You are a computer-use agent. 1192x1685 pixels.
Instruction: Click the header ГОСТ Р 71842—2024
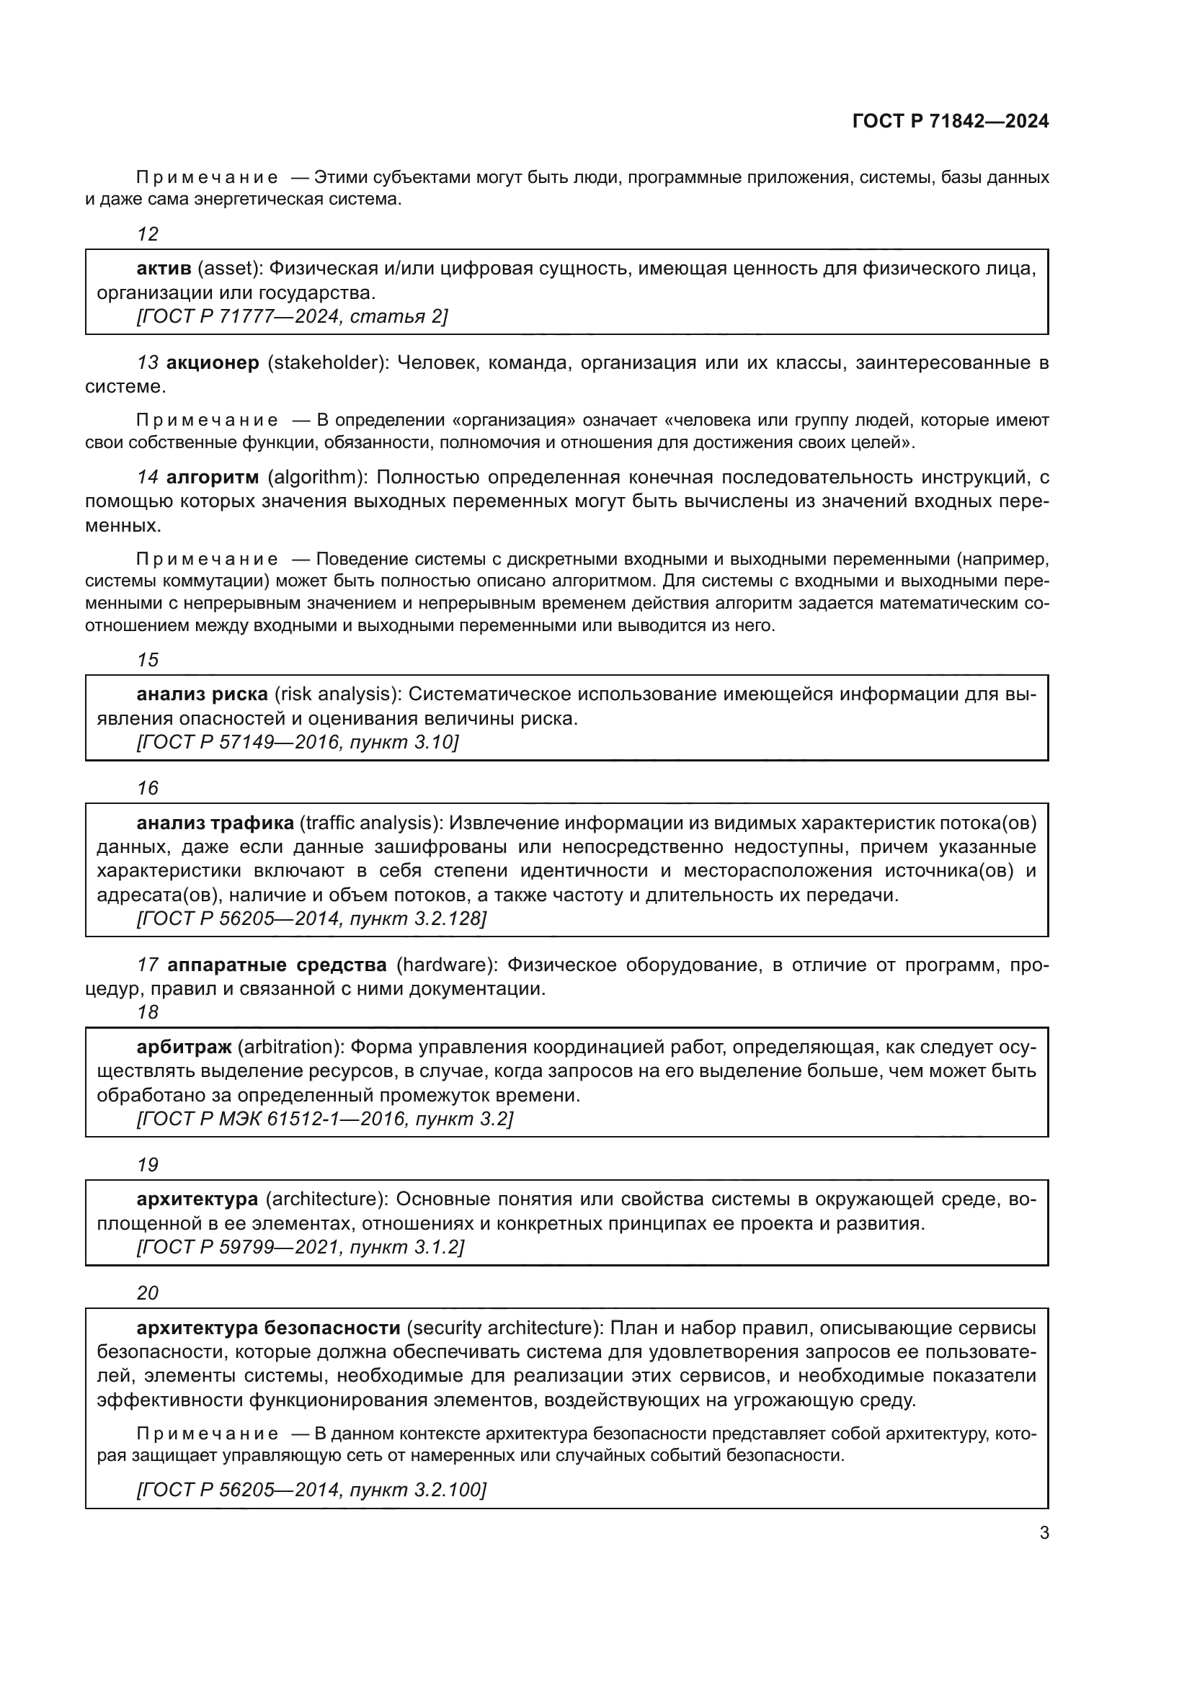[951, 121]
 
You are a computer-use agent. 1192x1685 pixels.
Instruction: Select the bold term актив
[164, 269]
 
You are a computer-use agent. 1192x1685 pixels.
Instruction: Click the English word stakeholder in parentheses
[327, 362]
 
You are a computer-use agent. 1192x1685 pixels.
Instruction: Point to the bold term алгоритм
[213, 477]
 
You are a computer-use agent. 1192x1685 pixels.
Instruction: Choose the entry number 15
[148, 660]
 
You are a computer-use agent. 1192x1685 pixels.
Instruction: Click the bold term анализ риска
[202, 694]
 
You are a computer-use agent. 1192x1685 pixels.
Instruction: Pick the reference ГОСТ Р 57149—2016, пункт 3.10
[297, 742]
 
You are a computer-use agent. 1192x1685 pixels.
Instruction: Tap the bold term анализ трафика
[215, 823]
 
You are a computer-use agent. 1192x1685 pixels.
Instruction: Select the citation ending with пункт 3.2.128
[311, 918]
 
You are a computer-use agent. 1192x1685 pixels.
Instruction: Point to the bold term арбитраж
[184, 1047]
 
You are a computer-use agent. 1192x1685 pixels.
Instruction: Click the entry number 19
[148, 1165]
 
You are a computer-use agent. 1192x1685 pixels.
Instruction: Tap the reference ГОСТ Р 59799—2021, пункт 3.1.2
[301, 1247]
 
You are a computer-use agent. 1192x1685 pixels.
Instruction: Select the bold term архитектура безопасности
[268, 1328]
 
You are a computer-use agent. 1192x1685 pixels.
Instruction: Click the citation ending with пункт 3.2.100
[311, 1489]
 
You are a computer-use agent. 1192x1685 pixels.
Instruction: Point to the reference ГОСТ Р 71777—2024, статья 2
[291, 316]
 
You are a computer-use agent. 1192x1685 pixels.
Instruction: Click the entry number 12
[148, 234]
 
